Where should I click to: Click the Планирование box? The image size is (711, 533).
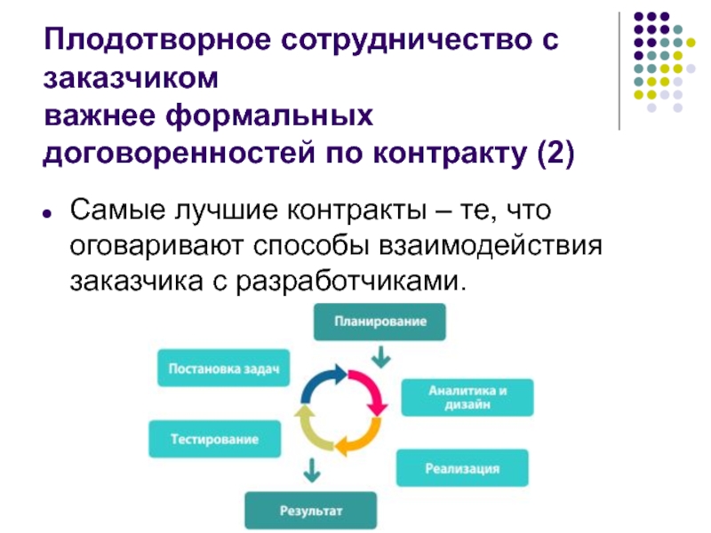click(x=380, y=322)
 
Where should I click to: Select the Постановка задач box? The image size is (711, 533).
click(x=224, y=368)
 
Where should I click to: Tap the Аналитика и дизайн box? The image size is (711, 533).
click(x=467, y=397)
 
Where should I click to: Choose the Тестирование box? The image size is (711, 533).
click(x=215, y=439)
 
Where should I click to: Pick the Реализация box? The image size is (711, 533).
click(x=461, y=467)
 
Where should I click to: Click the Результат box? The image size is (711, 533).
click(x=311, y=511)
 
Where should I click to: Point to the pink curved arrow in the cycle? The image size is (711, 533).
click(x=369, y=391)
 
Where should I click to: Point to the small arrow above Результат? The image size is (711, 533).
click(x=310, y=468)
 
